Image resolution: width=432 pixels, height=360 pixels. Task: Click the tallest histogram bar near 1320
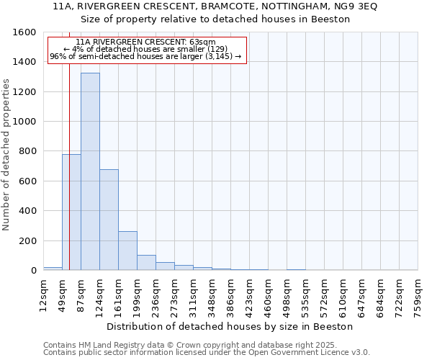[90, 171]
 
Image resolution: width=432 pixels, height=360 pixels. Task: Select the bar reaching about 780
[71, 212]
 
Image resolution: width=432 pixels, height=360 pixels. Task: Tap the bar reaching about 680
[109, 220]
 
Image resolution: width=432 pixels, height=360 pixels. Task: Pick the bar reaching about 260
[127, 251]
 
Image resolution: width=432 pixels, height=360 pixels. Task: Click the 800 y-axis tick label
[27, 151]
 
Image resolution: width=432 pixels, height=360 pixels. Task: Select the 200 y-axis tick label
[27, 240]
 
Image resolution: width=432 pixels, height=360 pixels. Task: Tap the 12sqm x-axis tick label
[43, 295]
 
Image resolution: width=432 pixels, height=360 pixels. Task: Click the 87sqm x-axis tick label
[81, 295]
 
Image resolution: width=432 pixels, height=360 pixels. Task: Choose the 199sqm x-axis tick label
[137, 295]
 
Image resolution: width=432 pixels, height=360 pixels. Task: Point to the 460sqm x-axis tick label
[268, 295]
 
